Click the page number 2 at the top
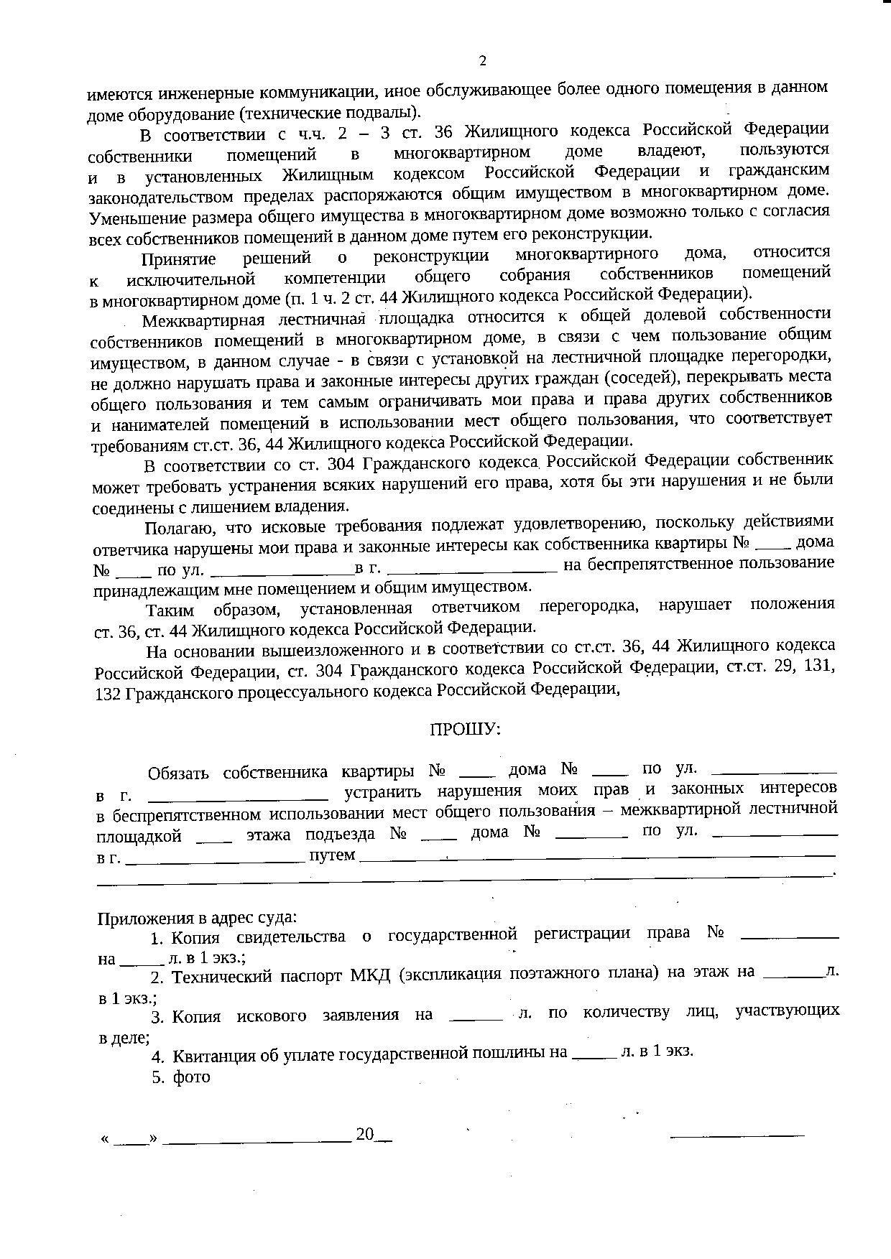point(482,61)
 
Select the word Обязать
point(178,773)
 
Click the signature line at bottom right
point(737,1135)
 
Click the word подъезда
point(350,835)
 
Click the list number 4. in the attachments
point(158,1056)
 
